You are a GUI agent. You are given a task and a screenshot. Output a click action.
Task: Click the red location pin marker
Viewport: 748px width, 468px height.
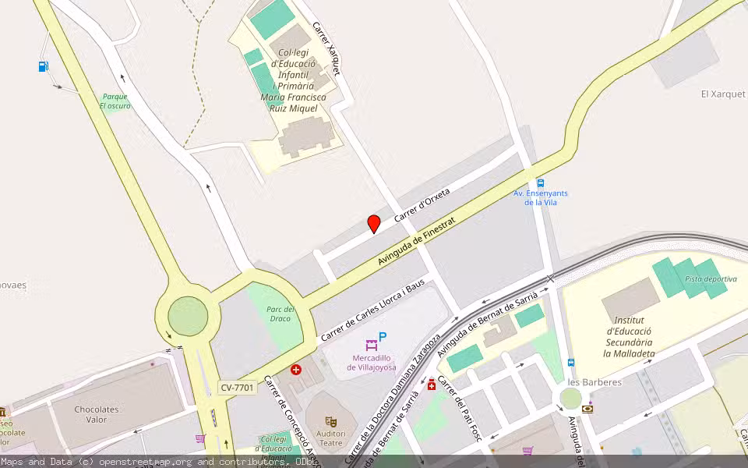[374, 224]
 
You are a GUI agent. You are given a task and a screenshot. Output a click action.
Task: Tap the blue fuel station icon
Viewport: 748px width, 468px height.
[44, 66]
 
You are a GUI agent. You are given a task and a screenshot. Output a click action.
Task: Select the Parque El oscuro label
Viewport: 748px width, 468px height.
[115, 101]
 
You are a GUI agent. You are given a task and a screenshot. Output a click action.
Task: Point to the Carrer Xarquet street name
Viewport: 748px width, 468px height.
[327, 48]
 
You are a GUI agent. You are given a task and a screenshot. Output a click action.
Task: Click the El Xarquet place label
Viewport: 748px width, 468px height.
[722, 94]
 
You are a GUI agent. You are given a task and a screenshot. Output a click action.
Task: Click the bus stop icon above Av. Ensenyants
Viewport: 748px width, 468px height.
[540, 183]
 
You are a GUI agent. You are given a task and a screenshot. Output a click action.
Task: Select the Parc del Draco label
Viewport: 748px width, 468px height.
[279, 314]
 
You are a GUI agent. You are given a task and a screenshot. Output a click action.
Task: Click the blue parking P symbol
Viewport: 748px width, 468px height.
[383, 337]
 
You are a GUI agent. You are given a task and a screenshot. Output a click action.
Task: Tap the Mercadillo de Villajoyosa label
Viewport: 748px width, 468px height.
[372, 362]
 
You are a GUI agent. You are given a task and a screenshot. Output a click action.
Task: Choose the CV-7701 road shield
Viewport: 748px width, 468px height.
[238, 388]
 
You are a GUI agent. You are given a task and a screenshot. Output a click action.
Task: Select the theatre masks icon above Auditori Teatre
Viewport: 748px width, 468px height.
[330, 422]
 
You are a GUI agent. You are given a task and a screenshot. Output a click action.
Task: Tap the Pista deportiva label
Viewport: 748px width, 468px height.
[711, 279]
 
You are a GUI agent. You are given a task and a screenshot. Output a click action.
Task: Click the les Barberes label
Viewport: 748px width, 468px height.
[595, 382]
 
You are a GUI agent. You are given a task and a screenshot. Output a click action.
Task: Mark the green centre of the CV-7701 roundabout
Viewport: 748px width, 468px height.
[188, 317]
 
